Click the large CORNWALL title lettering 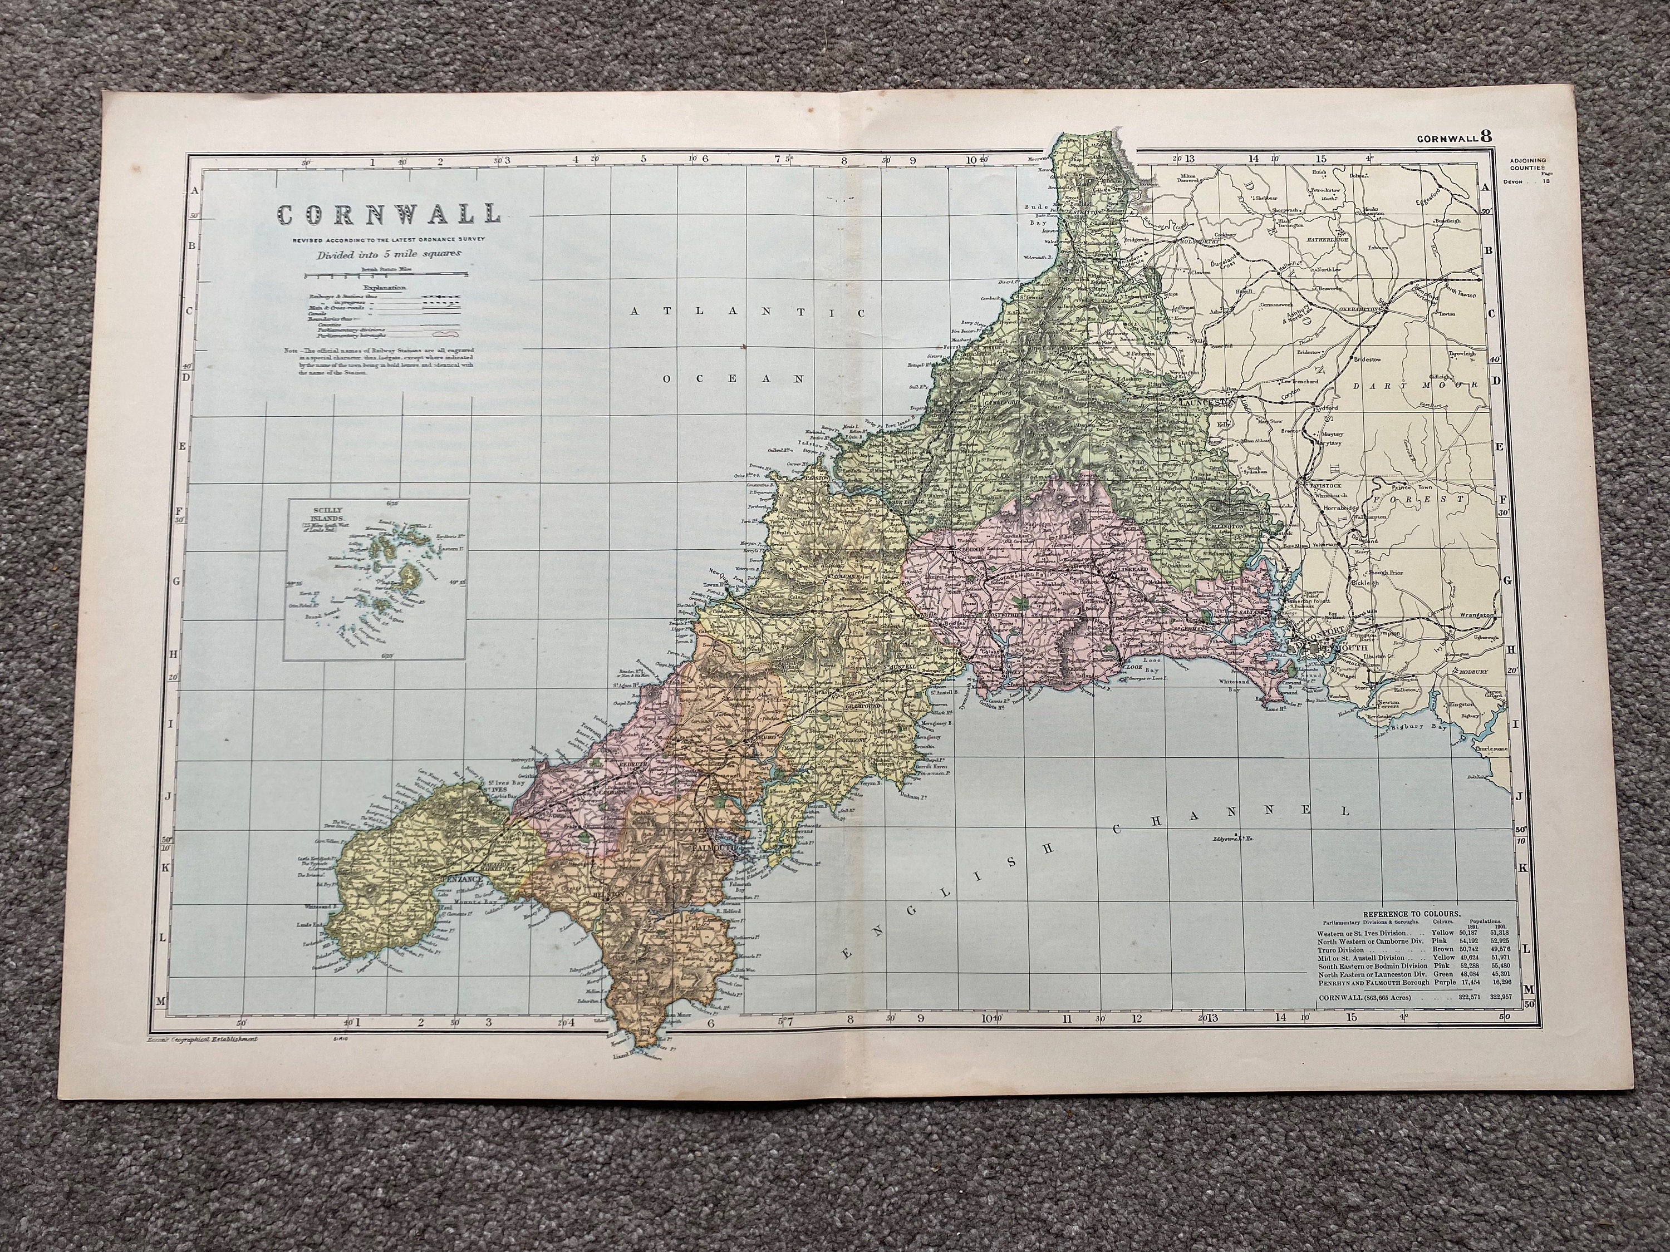coord(387,214)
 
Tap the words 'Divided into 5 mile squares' coord(387,254)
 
